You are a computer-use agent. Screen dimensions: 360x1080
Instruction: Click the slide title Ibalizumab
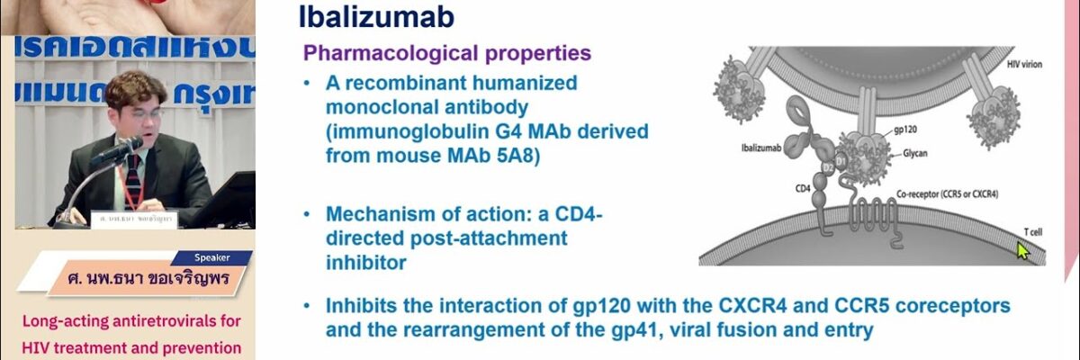pos(376,17)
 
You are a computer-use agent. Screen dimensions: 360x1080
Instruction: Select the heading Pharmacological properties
pos(447,52)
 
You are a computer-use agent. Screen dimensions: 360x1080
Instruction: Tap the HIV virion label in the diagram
pos(1022,64)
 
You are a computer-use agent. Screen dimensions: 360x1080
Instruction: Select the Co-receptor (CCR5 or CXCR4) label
pos(948,193)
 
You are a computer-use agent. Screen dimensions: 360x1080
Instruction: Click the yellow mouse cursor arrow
pos(1022,249)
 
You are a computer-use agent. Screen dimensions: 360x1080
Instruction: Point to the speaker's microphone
pos(117,153)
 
